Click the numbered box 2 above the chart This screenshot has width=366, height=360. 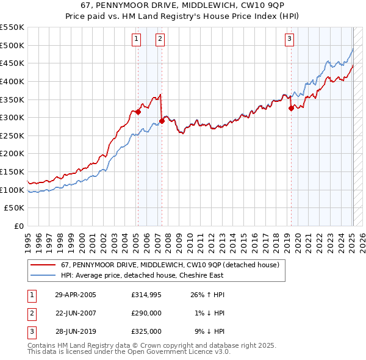point(160,40)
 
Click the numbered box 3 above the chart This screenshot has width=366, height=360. point(289,40)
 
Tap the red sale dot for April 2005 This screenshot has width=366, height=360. point(138,112)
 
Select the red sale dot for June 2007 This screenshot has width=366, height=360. point(162,121)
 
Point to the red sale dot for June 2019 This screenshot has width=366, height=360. point(292,108)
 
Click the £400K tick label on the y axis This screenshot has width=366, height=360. point(12,81)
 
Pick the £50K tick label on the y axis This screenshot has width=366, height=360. point(15,208)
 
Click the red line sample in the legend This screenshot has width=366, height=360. point(43,265)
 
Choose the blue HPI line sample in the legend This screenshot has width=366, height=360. point(43,275)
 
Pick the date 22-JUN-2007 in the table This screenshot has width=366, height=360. point(76,314)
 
